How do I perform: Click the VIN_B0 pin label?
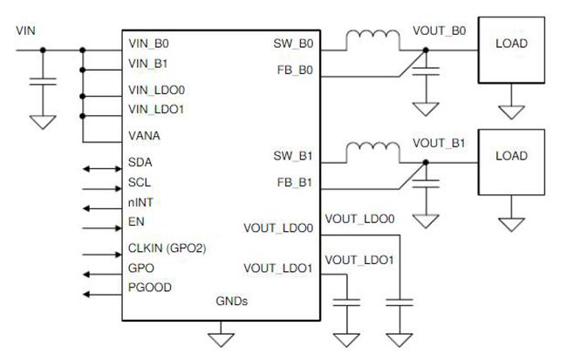pos(148,44)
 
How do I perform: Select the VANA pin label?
pos(144,136)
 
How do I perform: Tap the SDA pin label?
pos(140,162)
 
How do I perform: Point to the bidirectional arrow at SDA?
pos(102,169)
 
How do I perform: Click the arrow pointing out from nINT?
pos(102,208)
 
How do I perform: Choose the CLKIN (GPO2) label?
pos(167,248)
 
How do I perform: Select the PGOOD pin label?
pos(150,288)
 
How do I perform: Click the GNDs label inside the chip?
pos(231,301)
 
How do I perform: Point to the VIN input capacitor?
pos(43,82)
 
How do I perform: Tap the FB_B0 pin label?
pos(295,70)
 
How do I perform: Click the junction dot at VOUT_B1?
pos(426,163)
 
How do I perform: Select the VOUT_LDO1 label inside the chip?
pos(278,268)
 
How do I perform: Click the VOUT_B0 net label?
pos(440,31)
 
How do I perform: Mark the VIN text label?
pos(25,31)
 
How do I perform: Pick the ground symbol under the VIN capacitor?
pos(43,123)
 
